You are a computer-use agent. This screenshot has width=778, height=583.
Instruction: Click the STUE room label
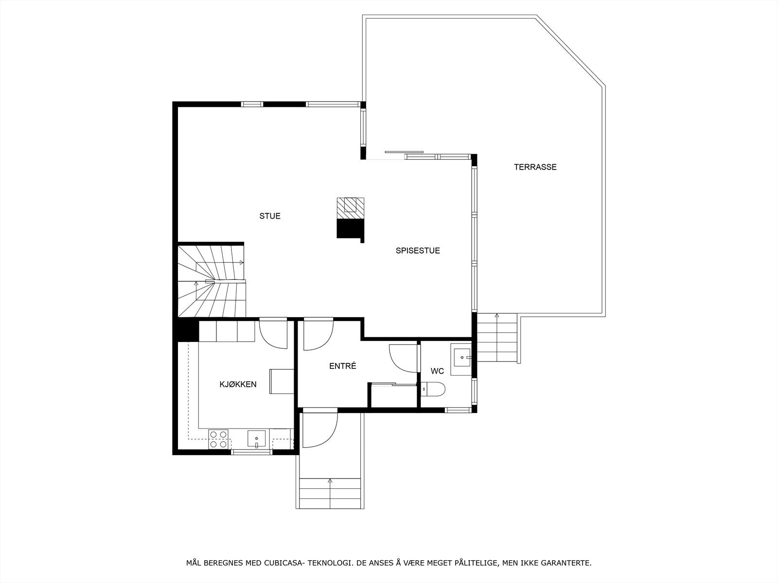(270, 216)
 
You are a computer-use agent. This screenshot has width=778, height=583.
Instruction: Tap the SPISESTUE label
(418, 251)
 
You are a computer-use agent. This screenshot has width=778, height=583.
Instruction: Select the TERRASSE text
(535, 167)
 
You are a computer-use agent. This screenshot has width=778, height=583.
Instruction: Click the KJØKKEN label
(238, 384)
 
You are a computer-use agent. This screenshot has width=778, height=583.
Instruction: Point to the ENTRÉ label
(343, 366)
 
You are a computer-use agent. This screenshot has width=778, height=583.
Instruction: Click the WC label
(437, 371)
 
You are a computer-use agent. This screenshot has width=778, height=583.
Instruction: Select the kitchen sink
(256, 439)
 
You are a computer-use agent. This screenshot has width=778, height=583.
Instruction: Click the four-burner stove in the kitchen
(219, 439)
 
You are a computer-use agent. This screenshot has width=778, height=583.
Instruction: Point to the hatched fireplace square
(351, 208)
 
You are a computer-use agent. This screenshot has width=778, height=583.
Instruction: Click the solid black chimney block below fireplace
(350, 228)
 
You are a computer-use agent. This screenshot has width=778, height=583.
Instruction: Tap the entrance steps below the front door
(330, 493)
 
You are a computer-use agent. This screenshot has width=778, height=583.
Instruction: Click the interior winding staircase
(212, 281)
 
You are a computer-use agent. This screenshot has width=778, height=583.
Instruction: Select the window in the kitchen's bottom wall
(251, 452)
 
